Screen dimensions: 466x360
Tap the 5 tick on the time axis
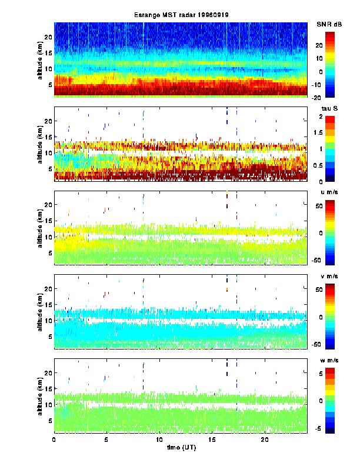pos(106,440)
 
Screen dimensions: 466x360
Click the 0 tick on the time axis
pos(54,440)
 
